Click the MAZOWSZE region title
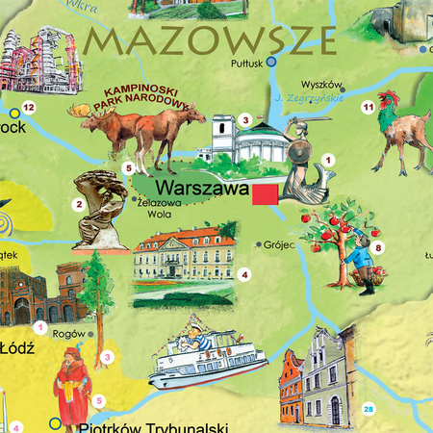211,40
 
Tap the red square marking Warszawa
265,194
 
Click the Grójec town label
279,244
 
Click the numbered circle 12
28,107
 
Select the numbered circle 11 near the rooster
367,108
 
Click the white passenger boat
203,360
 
